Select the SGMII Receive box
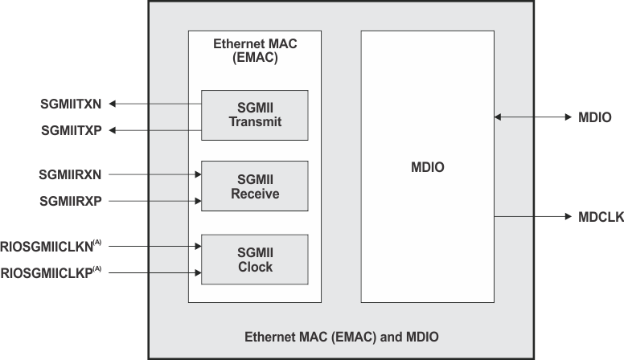click(x=254, y=186)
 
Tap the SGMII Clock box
click(x=254, y=260)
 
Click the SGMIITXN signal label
click(x=71, y=104)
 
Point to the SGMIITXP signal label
click(x=71, y=130)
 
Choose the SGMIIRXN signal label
click(x=71, y=174)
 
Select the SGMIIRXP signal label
click(x=71, y=200)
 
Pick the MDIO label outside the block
click(x=595, y=117)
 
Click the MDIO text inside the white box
click(x=426, y=168)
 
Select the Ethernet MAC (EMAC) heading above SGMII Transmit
click(x=254, y=51)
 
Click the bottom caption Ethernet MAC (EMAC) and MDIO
click(x=341, y=335)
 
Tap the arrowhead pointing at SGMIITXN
click(x=113, y=104)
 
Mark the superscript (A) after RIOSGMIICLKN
click(x=97, y=243)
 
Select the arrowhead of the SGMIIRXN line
click(x=196, y=174)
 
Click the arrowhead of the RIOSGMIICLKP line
click(x=196, y=273)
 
